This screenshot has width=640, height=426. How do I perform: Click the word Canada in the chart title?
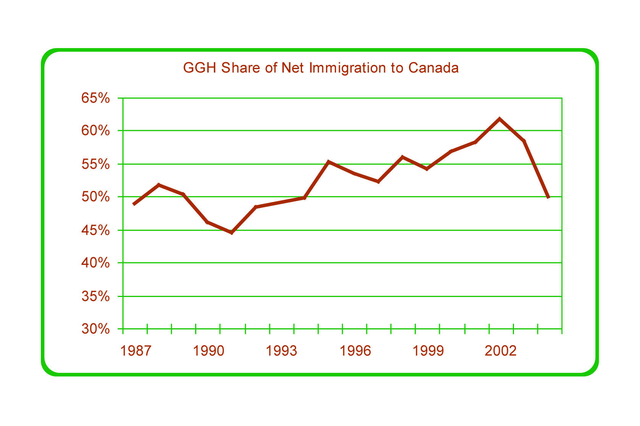(433, 68)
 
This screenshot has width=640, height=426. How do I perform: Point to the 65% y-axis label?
(95, 98)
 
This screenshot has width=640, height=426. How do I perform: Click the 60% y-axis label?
(95, 131)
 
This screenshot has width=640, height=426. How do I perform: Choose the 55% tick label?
(95, 164)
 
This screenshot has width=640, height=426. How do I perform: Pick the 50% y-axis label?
(95, 197)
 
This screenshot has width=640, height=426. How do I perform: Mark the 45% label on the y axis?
(95, 230)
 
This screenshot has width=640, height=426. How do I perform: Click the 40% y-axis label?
(95, 263)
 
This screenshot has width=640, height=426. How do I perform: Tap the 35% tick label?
(95, 296)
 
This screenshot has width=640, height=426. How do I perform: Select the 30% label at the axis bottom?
(95, 329)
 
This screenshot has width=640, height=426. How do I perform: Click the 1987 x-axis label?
(136, 351)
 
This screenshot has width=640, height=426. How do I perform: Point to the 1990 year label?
(208, 351)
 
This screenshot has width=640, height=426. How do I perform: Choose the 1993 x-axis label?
(281, 351)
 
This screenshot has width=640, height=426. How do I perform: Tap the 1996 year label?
(355, 351)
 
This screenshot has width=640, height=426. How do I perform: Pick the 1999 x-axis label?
(428, 351)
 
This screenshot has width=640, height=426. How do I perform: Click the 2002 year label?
(501, 351)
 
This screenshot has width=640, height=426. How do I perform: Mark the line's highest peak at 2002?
(499, 119)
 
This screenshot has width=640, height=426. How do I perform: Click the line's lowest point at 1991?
(231, 233)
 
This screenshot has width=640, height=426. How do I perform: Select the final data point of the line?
(548, 197)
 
